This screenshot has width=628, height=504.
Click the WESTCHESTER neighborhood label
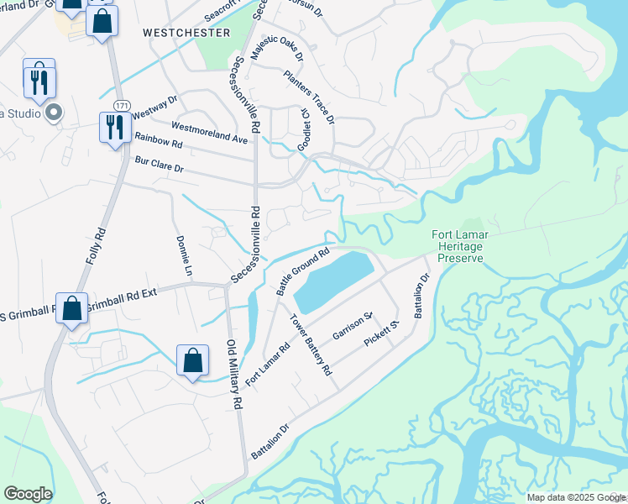(x=186, y=33)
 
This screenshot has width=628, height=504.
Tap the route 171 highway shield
(x=123, y=105)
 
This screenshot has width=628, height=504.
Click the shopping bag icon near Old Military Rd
(x=193, y=360)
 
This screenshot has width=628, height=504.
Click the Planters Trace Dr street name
(x=309, y=95)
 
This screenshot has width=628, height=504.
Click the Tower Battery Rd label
(x=311, y=344)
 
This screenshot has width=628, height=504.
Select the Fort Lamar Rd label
(x=268, y=362)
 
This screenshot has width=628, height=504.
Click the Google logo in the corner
(x=28, y=494)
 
